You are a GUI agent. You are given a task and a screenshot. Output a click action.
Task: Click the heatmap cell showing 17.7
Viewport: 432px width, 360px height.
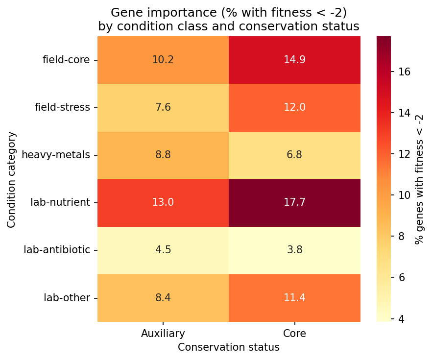click(x=294, y=202)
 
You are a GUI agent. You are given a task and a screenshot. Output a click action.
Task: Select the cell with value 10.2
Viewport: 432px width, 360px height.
click(x=163, y=60)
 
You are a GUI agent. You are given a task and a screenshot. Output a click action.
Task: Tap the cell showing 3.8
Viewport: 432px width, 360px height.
click(x=294, y=250)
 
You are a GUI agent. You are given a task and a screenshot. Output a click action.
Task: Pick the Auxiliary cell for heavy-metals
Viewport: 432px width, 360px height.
click(x=163, y=155)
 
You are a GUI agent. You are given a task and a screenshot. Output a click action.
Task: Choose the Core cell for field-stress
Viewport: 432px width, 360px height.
click(x=294, y=107)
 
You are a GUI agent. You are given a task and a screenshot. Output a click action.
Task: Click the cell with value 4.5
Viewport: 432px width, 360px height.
click(x=163, y=250)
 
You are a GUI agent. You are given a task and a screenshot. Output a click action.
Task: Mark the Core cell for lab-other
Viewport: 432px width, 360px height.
click(x=294, y=297)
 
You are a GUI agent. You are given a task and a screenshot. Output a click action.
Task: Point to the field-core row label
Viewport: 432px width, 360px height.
click(x=66, y=60)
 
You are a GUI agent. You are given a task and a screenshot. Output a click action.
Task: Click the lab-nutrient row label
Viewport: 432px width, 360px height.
click(x=60, y=202)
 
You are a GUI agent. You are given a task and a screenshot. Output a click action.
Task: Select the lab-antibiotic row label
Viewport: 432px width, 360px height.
click(x=57, y=250)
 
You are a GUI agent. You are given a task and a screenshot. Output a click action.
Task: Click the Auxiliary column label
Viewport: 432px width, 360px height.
click(x=163, y=334)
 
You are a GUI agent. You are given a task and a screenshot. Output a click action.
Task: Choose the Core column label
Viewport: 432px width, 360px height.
click(x=294, y=334)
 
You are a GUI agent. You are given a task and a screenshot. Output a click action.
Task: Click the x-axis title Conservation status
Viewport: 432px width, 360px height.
click(x=229, y=347)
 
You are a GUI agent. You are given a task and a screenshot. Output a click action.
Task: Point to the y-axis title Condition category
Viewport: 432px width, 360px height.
click(x=12, y=179)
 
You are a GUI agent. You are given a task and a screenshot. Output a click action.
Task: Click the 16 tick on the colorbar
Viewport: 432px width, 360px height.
click(x=404, y=72)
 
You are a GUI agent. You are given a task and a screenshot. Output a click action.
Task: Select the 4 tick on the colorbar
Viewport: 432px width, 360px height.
click(x=401, y=319)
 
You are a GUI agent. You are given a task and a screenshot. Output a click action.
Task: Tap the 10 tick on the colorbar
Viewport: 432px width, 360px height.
click(x=404, y=195)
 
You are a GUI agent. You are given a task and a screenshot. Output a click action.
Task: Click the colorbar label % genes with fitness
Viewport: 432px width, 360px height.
click(x=419, y=179)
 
